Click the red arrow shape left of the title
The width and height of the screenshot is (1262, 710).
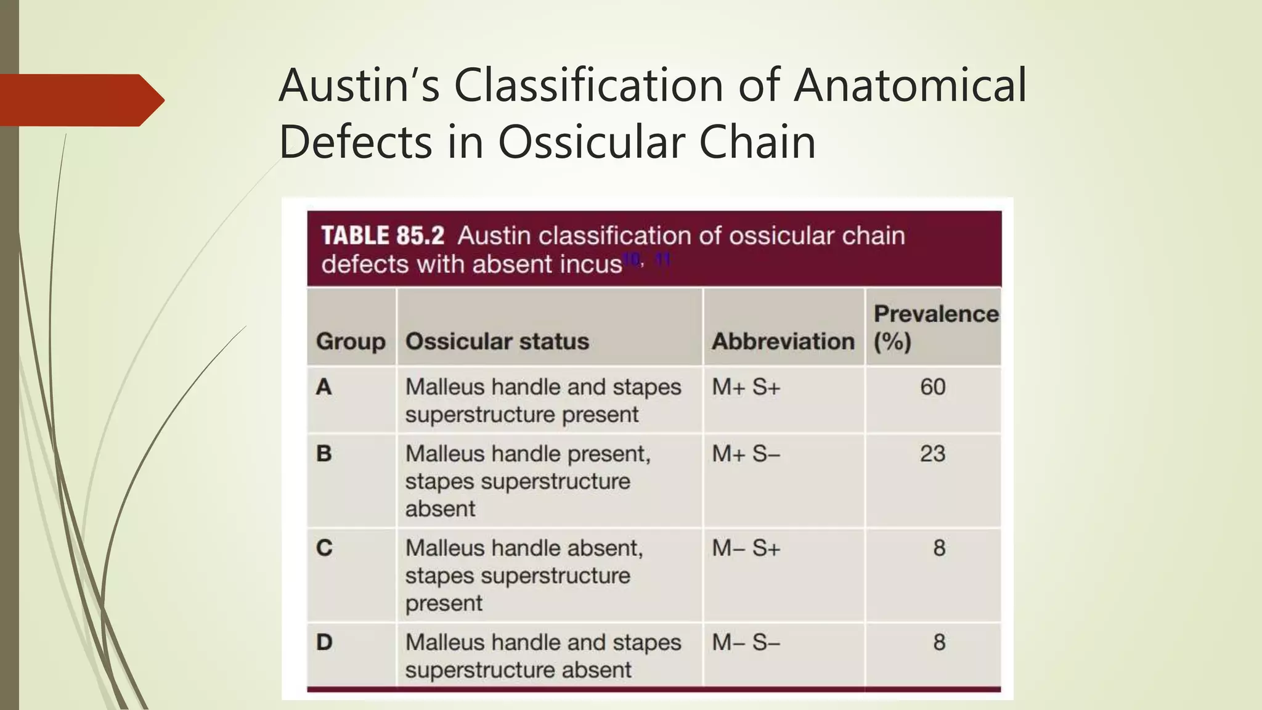coord(80,100)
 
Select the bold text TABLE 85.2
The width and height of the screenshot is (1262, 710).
coord(383,235)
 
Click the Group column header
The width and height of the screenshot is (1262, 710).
coord(351,341)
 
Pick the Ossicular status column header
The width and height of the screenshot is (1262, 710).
coord(497,341)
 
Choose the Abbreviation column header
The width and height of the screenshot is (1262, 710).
coord(783,341)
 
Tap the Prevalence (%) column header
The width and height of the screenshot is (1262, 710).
coord(935,327)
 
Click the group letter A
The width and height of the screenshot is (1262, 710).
coord(324,387)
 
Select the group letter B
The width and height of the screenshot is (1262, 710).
coord(324,454)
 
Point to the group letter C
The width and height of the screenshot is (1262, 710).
coord(324,548)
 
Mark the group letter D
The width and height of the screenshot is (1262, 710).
coord(324,642)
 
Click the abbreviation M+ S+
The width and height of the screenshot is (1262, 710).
coord(746,387)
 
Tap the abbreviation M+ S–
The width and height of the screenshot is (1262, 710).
coord(746,454)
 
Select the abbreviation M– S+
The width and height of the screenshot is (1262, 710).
coord(746,548)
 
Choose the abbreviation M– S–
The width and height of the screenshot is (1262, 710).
coord(746,642)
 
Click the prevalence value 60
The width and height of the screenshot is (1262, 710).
coord(932,387)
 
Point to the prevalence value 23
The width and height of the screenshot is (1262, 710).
coord(932,454)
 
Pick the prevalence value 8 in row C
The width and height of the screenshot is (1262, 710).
coord(938,548)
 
